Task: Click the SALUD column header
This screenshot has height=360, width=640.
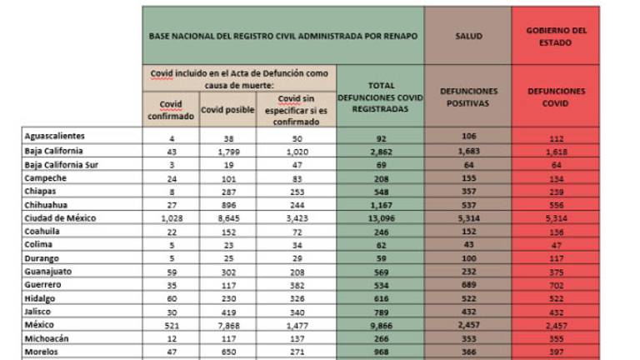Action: tap(467, 37)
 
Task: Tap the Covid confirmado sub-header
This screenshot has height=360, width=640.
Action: tap(170, 110)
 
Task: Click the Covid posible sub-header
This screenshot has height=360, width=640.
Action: tap(227, 110)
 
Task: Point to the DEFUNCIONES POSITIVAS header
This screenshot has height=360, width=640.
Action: tap(467, 97)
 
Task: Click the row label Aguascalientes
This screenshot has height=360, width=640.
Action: tap(55, 137)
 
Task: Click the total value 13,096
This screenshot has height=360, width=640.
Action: tap(379, 218)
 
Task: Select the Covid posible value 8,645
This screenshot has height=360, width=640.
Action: tap(227, 218)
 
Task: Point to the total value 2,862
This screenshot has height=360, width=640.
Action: tap(379, 151)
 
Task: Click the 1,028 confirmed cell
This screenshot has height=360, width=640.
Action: tap(170, 218)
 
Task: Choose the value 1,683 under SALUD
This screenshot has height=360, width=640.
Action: tap(467, 151)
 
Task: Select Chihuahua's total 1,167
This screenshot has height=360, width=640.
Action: tap(379, 205)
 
